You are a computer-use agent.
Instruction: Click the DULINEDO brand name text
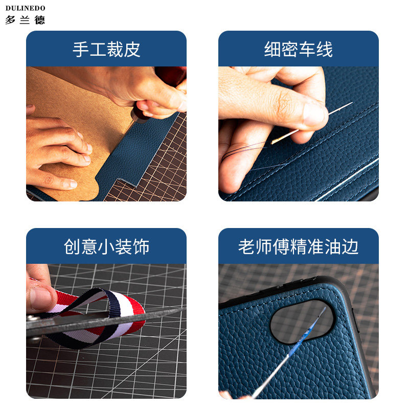click(x=26, y=8)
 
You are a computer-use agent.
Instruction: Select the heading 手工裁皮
click(x=106, y=49)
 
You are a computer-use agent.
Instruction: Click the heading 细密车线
click(x=299, y=49)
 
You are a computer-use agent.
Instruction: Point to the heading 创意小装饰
click(x=106, y=246)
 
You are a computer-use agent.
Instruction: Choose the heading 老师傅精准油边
click(x=299, y=246)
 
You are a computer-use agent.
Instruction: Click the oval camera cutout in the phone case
click(x=302, y=321)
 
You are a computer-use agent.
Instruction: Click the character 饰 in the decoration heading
click(x=141, y=246)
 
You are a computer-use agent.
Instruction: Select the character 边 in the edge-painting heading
click(x=351, y=246)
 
